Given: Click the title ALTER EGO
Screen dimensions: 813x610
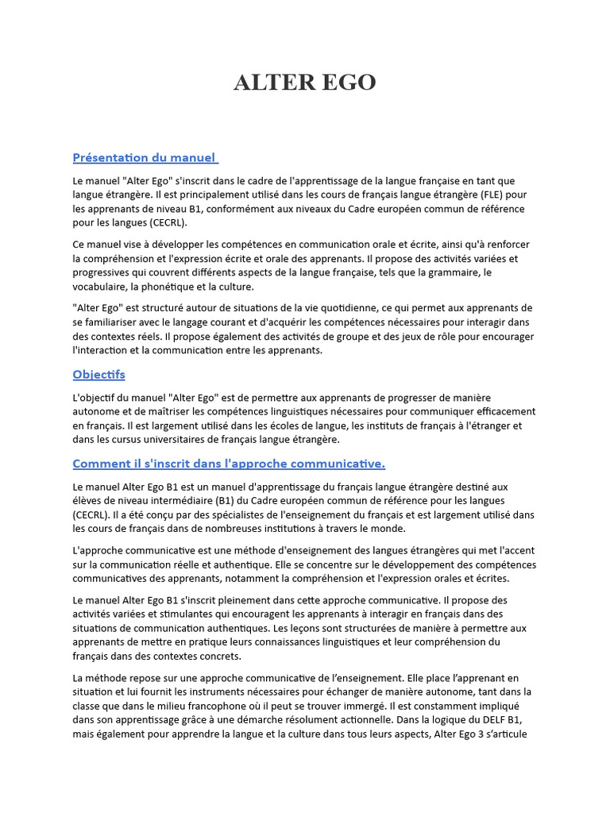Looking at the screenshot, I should click(x=304, y=83).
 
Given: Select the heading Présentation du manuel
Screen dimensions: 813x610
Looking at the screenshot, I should click(x=145, y=157).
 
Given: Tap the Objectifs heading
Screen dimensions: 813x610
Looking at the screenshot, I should click(x=98, y=374).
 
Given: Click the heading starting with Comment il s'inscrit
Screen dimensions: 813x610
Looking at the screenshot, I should click(x=229, y=463).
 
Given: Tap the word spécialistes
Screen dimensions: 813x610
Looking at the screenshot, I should click(x=215, y=514).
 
